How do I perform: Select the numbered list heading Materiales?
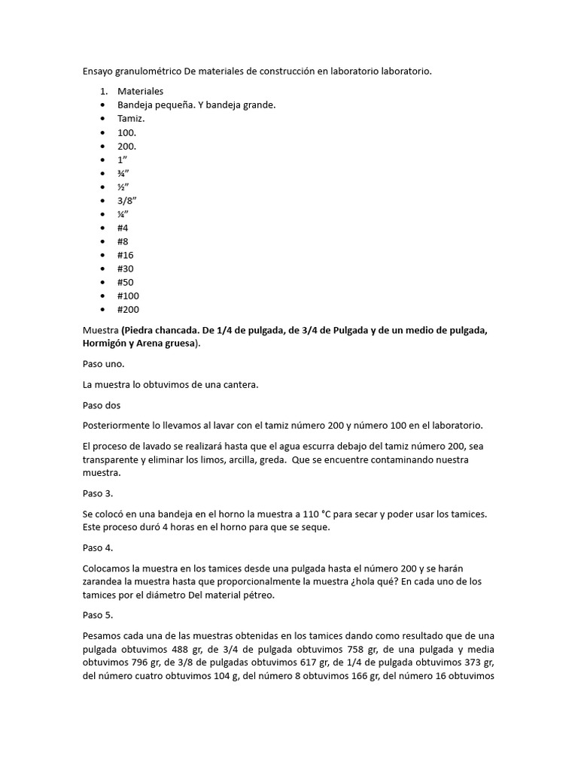tap(140, 91)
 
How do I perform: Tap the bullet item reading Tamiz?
tap(131, 119)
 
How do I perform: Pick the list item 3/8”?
tap(127, 200)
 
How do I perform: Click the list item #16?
tap(126, 255)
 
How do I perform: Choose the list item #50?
tap(126, 282)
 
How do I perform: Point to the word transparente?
tap(114, 459)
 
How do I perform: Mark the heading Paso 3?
tap(98, 493)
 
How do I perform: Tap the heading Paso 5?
tap(98, 615)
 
